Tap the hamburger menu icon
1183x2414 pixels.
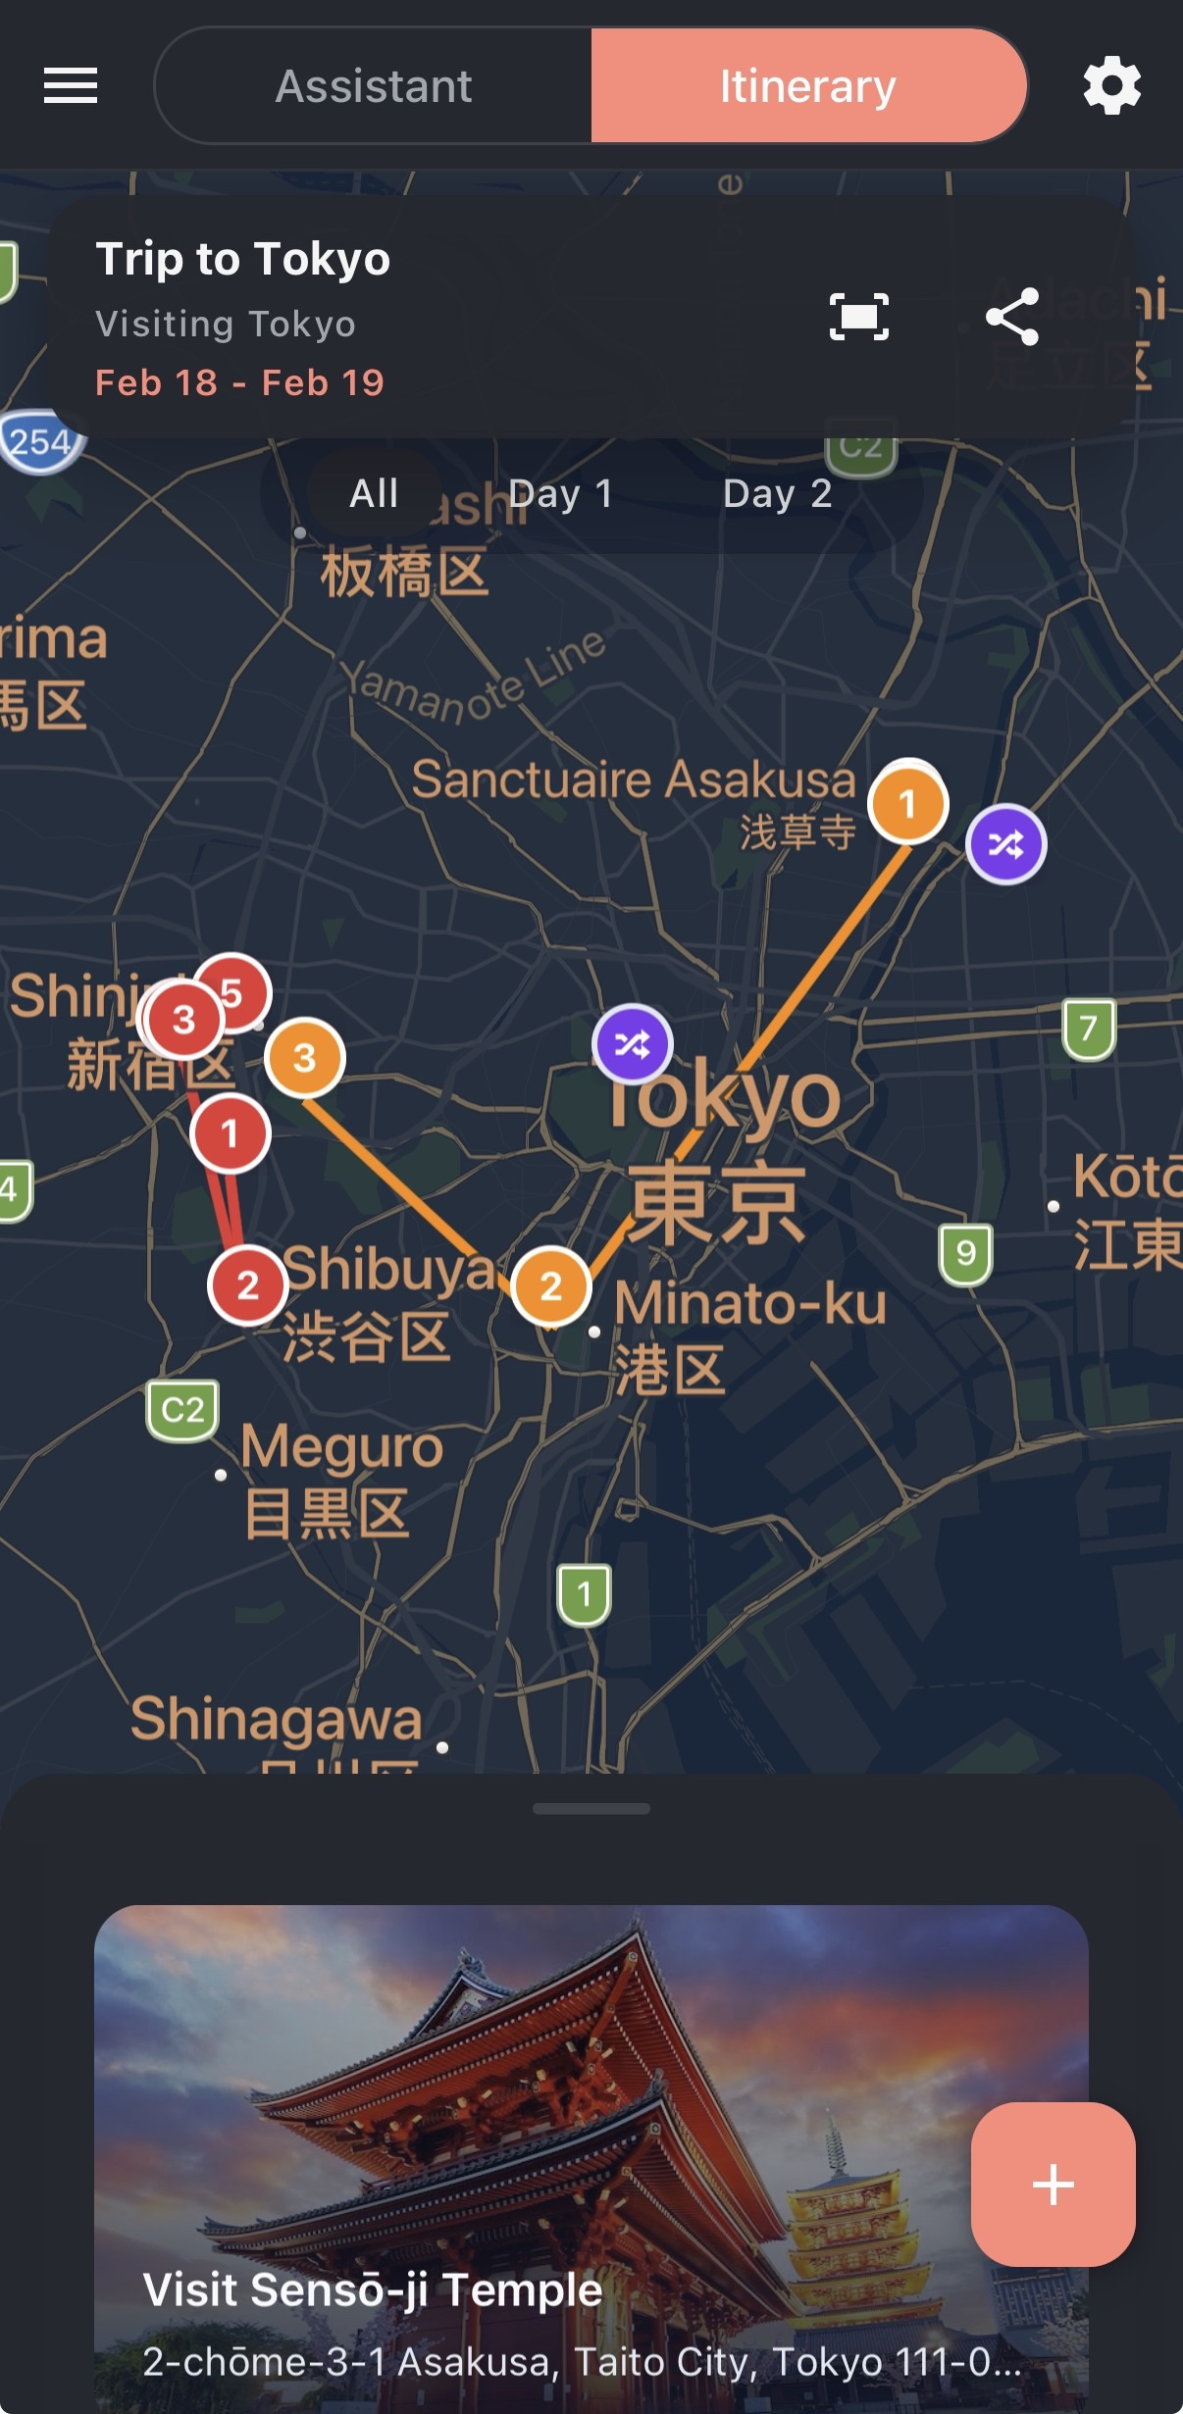tap(71, 85)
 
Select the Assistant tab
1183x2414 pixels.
tap(374, 86)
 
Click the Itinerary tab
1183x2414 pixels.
tap(807, 86)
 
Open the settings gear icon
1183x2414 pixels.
tap(1111, 85)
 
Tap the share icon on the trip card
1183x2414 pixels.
tap(1012, 316)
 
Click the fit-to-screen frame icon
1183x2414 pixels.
tap(859, 317)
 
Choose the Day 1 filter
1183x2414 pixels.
tap(560, 493)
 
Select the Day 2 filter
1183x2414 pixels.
tap(777, 493)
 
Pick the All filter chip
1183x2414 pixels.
tap(374, 493)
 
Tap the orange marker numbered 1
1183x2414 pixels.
tap(907, 804)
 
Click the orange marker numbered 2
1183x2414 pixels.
tap(551, 1286)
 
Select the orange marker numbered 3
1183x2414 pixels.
tap(305, 1058)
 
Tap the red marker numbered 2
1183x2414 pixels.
tap(247, 1284)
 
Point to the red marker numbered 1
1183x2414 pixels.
tap(230, 1133)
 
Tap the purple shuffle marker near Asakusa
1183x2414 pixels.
tap(1006, 844)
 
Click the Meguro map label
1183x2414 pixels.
tap(342, 1447)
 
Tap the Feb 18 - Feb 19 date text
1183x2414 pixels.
tap(239, 382)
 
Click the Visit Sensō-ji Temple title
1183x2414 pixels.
tap(373, 2290)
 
